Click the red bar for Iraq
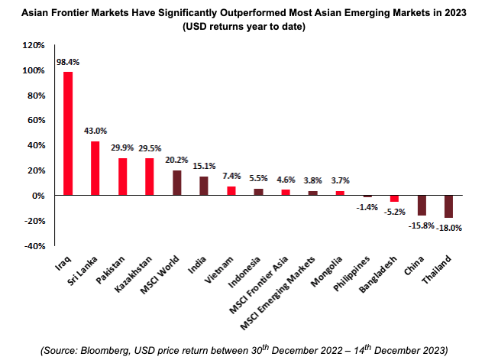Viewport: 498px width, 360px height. pos(68,134)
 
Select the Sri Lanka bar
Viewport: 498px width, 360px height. pos(95,168)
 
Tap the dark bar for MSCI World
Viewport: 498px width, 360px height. pos(177,183)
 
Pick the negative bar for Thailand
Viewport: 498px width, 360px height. pos(448,207)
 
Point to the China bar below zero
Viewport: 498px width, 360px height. pos(421,206)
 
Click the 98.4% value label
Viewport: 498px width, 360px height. pos(66,61)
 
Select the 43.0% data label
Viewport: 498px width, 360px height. pos(95,131)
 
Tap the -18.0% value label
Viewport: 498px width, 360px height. pos(449,227)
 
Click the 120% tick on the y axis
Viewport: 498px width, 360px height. pos(32,46)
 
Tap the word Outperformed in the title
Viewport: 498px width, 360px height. pos(275,12)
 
